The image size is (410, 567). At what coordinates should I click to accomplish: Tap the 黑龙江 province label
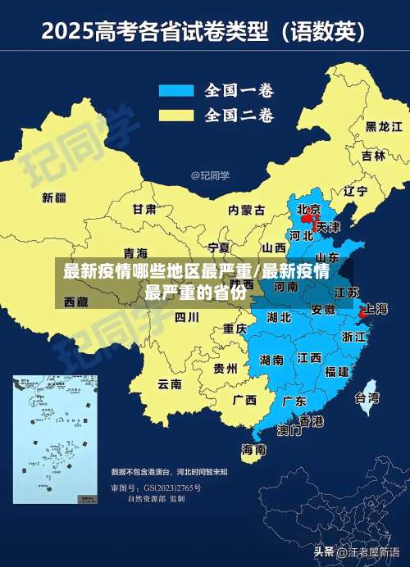[384, 126]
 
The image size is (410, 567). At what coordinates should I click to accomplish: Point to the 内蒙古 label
[247, 210]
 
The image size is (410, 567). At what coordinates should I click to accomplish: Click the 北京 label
[309, 209]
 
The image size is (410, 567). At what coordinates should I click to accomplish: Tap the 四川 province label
[187, 316]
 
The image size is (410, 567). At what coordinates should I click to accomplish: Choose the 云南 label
[170, 383]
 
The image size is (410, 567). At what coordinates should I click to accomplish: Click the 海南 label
[253, 449]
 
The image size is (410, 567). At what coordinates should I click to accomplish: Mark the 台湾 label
[367, 398]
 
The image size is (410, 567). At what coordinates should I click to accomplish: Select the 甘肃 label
[144, 209]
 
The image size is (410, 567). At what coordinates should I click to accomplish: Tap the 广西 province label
[244, 401]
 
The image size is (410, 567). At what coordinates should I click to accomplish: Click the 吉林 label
[373, 156]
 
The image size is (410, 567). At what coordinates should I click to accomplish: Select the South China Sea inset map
[54, 439]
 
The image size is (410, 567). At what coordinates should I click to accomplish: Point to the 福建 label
[337, 371]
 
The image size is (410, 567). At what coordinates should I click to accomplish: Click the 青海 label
[135, 252]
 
